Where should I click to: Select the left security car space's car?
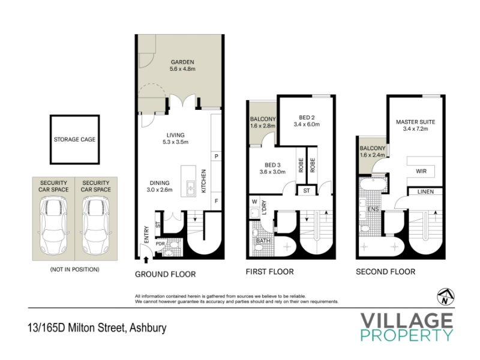(x=53, y=226)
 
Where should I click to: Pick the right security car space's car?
(x=96, y=226)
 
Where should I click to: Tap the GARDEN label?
(x=182, y=62)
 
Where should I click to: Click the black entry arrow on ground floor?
(x=146, y=260)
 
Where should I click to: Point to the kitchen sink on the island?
(x=191, y=188)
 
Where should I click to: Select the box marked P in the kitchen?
(x=216, y=156)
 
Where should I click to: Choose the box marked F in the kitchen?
(x=216, y=201)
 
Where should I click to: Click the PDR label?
(x=160, y=244)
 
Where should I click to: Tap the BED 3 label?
(x=272, y=165)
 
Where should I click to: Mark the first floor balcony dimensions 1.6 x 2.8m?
(x=263, y=125)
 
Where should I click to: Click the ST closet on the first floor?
(x=307, y=190)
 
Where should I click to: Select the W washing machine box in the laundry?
(x=254, y=202)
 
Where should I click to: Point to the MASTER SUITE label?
(x=415, y=122)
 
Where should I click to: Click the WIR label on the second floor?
(x=421, y=171)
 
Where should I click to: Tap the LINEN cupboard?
(x=425, y=191)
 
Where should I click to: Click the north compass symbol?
(x=445, y=296)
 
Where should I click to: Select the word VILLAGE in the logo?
(x=407, y=320)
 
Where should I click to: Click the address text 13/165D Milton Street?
(x=77, y=328)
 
